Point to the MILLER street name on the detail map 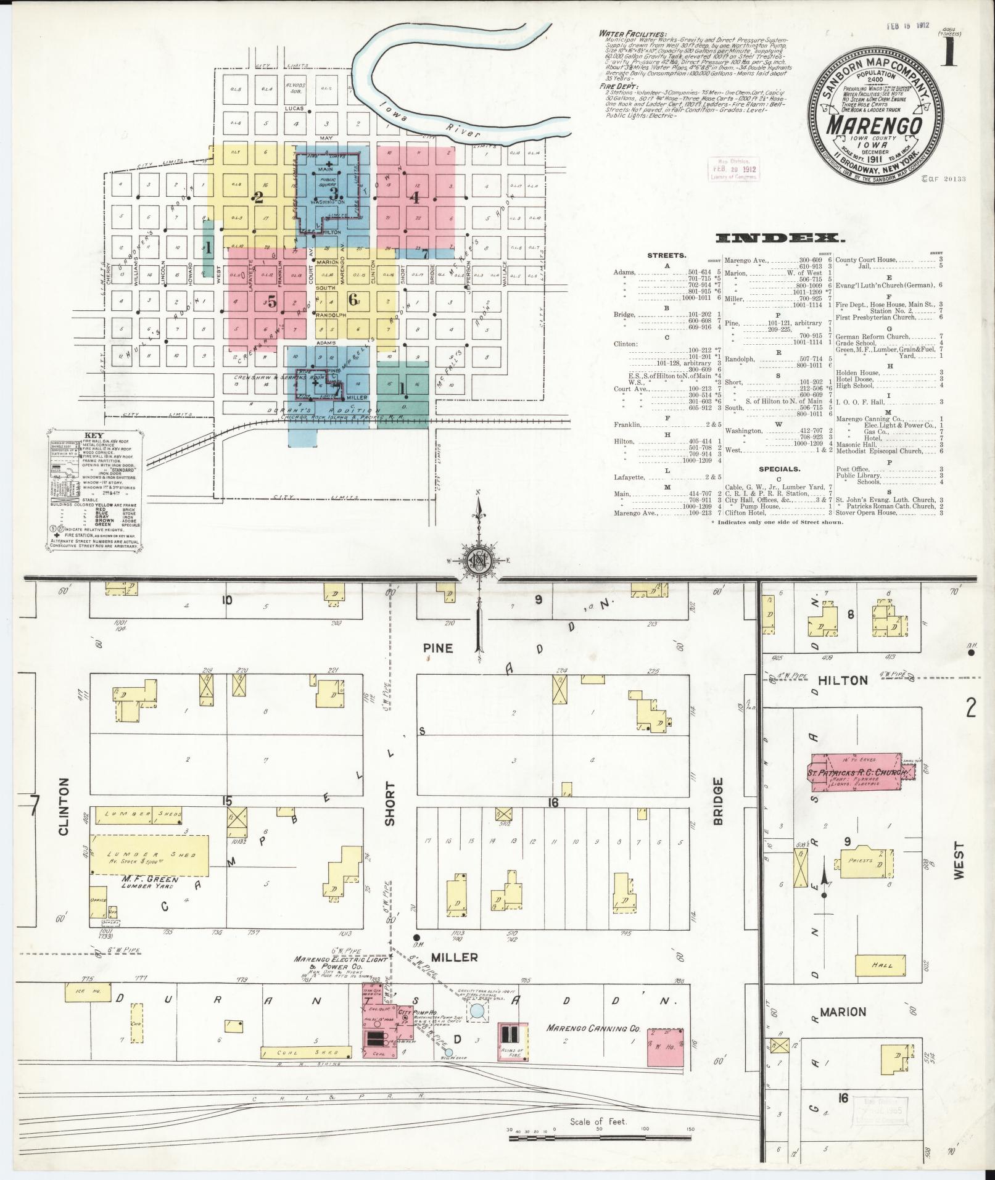[454, 975]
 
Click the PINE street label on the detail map [439, 648]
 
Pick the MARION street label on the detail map [843, 1012]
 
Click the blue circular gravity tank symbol [477, 1011]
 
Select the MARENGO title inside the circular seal [874, 124]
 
